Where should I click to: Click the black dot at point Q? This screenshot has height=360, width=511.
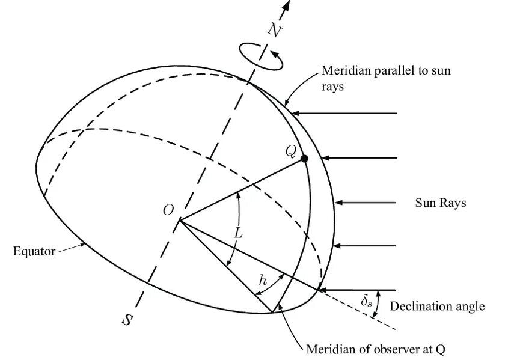pos(304,159)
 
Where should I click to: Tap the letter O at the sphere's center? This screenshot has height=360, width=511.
pos(168,210)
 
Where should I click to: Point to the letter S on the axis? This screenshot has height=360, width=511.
pos(127,319)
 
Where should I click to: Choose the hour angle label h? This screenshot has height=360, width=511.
pos(262,279)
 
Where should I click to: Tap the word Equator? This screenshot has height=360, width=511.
pos(34,251)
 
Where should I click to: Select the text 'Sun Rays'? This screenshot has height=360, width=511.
pos(441,203)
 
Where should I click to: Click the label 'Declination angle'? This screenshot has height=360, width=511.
pos(437,307)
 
